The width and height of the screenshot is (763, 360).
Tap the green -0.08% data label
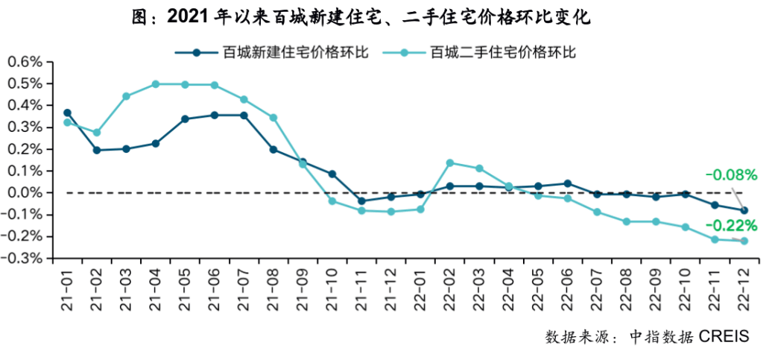point(731,176)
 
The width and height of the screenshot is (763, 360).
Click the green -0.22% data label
point(731,225)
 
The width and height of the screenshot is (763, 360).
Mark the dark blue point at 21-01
point(67,113)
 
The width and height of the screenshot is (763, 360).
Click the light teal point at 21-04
point(156,84)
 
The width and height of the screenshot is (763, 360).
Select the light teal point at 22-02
point(450,162)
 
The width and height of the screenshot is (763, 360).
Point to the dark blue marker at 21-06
point(215,116)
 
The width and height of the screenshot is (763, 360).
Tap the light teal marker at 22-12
point(744,241)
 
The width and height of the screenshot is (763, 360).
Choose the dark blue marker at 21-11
point(361,201)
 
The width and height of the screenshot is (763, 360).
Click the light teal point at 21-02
point(97,133)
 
